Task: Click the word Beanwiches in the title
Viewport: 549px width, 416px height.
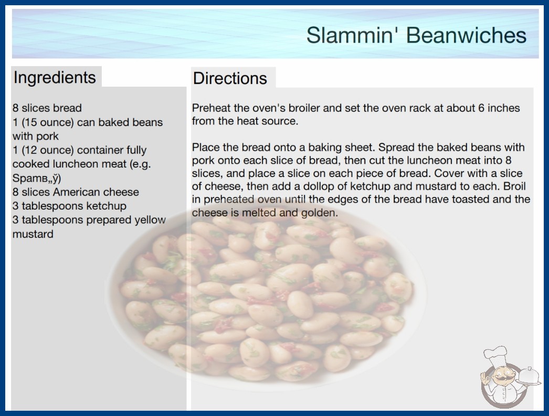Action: pos(466,35)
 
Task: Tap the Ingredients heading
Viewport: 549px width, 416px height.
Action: pos(55,78)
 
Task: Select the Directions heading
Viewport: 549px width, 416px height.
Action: pos(230,78)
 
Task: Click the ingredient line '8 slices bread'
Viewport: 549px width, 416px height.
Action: pos(47,108)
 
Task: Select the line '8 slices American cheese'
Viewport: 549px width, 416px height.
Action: pos(76,192)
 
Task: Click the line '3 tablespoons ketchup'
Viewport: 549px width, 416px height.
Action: pos(69,206)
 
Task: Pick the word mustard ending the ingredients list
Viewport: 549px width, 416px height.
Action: pos(33,234)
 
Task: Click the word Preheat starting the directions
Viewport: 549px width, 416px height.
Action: pos(211,108)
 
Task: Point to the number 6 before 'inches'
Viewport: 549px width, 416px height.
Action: pos(481,108)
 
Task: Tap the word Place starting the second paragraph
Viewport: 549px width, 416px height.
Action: pos(205,147)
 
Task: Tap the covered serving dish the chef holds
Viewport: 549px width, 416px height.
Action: pos(529,377)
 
